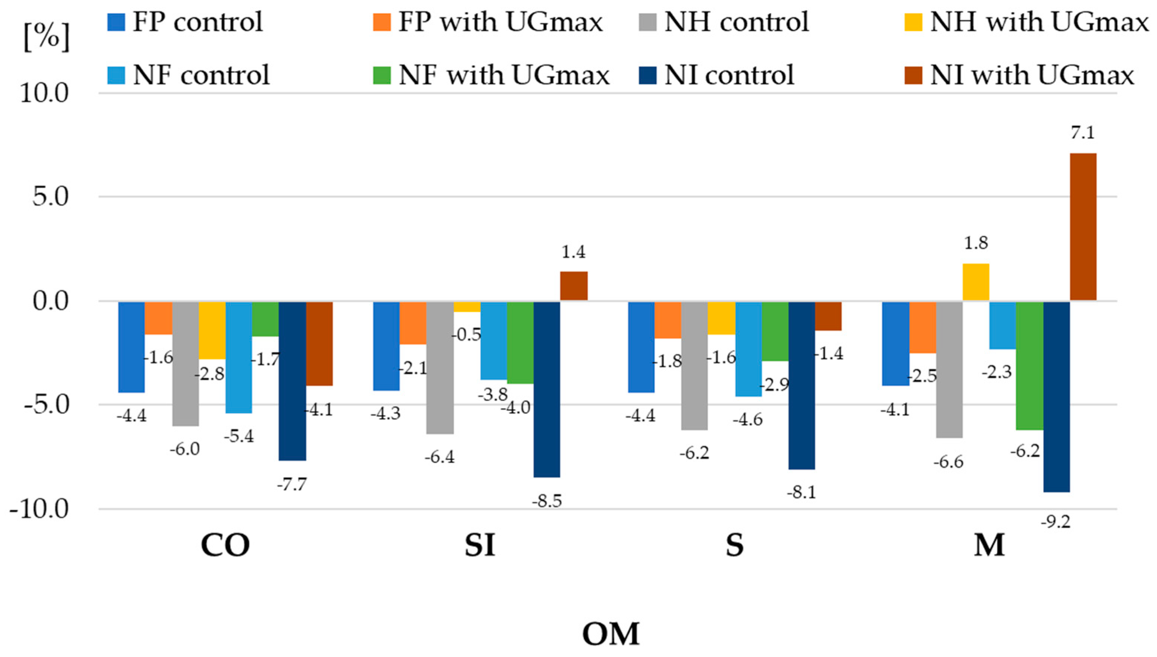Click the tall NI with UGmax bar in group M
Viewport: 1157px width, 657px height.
[1083, 227]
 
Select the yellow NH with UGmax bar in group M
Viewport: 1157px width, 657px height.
[976, 282]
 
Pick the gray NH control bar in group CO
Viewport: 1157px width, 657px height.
[185, 364]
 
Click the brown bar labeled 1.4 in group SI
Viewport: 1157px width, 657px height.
[574, 286]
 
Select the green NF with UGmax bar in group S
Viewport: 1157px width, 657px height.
[775, 331]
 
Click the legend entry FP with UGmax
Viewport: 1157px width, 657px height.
[488, 22]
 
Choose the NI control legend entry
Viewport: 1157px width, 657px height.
[717, 74]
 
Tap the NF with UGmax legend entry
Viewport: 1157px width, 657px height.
[492, 74]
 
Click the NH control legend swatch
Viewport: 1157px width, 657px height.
[648, 22]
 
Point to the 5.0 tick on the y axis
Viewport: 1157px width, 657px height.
[50, 197]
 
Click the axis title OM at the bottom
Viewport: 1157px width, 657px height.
[611, 634]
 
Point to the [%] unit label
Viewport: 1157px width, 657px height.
[47, 37]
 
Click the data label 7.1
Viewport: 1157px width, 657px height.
[1083, 133]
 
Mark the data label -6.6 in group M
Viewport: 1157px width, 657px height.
[948, 462]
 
